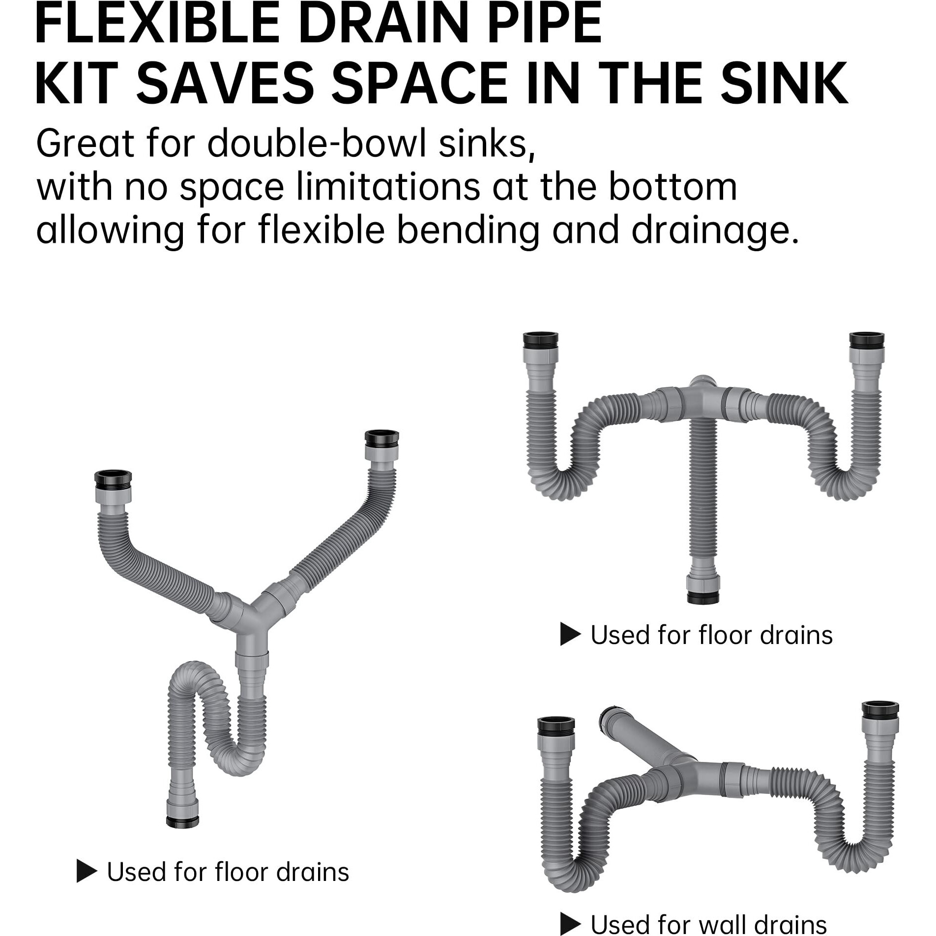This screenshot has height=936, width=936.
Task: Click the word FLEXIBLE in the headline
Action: (157, 25)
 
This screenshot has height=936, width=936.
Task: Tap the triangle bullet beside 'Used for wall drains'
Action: (570, 923)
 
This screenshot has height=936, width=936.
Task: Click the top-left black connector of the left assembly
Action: (113, 478)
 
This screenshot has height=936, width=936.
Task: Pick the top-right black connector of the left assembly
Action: (381, 438)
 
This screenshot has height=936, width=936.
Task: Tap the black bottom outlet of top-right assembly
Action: (702, 597)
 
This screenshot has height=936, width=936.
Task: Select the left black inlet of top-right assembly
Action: (541, 341)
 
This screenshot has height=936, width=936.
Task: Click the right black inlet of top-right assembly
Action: (867, 340)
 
